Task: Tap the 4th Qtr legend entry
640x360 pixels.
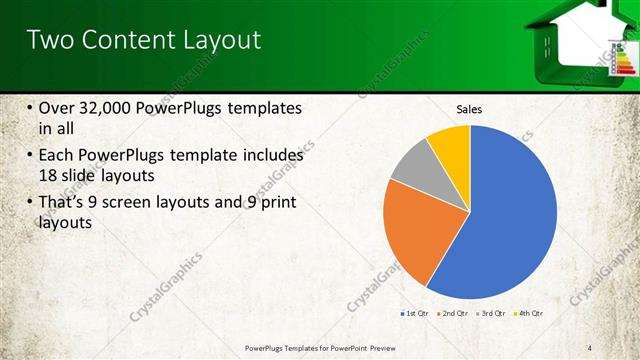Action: (x=528, y=314)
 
